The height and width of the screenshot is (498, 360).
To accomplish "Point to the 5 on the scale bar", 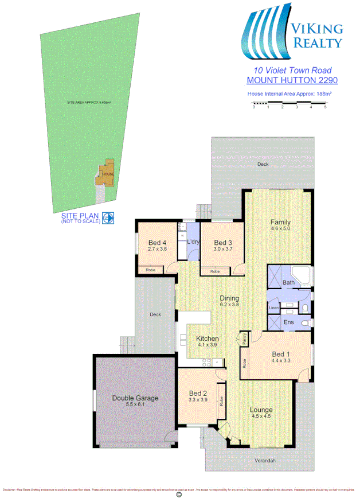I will point(325,107).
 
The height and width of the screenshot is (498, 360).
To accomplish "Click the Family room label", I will point(280,222).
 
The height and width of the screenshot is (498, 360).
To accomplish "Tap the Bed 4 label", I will point(156,242).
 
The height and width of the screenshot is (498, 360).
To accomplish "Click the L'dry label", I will point(193,242).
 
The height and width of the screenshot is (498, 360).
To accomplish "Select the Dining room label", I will point(229,298).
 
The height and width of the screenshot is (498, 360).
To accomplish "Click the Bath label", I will point(288,282).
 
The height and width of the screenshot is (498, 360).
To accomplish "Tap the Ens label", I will point(289,322).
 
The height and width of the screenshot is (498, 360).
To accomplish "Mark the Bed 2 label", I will point(198,393).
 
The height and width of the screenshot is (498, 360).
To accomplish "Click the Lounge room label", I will point(261,410).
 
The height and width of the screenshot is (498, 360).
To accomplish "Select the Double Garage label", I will point(135,398).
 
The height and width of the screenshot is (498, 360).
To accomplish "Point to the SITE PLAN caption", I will point(80,215).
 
